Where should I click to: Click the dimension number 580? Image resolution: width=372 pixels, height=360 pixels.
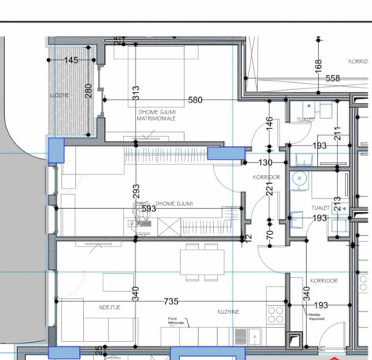(x=195, y=99)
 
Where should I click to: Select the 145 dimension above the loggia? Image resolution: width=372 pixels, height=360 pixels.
(x=71, y=60)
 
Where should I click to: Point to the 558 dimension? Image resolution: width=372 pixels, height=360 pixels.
(x=332, y=78)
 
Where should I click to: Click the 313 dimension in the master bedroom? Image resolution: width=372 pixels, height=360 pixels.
(x=135, y=92)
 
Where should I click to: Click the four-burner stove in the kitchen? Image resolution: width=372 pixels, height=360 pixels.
(x=275, y=313)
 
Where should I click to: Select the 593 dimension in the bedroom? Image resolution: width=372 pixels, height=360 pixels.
(x=147, y=209)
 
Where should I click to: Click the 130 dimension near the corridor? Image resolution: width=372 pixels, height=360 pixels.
(x=265, y=163)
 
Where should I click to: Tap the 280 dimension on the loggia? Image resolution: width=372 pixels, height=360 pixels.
(x=88, y=92)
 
